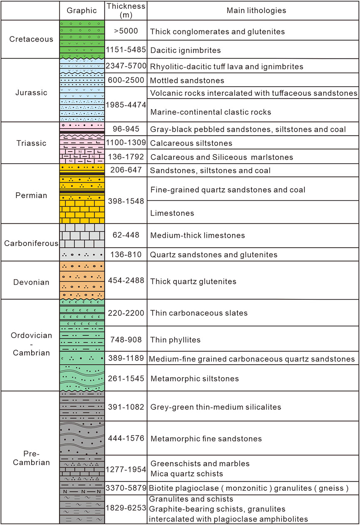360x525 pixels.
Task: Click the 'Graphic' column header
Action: (x=82, y=10)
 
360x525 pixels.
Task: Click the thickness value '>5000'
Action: (x=125, y=31)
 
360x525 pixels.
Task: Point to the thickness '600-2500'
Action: (x=125, y=80)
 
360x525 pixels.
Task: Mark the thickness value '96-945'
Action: (x=125, y=129)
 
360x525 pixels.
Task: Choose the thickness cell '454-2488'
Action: (x=125, y=281)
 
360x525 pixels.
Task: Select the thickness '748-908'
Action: (x=125, y=340)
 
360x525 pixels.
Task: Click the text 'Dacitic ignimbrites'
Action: (x=185, y=50)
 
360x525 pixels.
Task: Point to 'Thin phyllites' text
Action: (x=175, y=340)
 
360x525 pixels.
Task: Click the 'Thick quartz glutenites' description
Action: (x=193, y=282)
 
